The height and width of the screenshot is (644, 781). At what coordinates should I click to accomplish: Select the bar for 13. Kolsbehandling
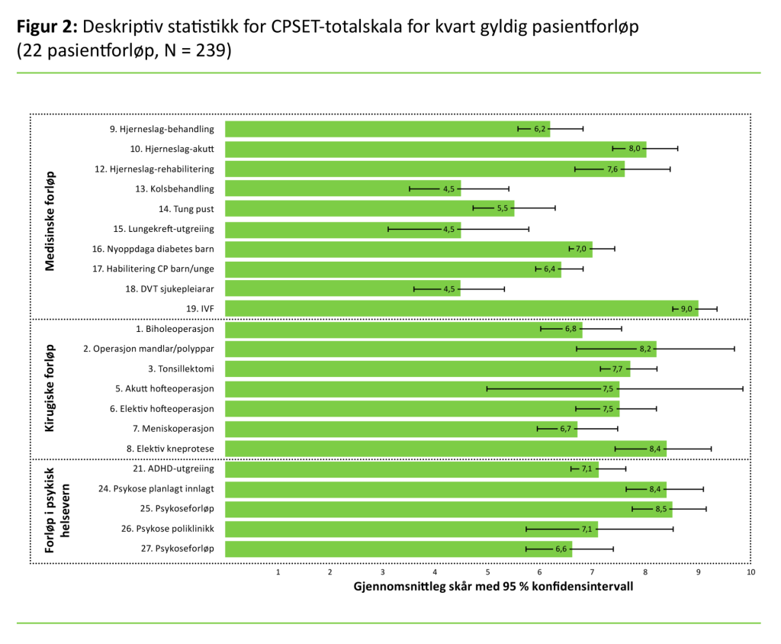(x=343, y=188)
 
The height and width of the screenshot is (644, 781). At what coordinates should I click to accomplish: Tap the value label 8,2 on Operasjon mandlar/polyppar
(x=646, y=349)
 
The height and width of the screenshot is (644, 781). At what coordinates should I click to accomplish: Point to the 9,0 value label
(x=686, y=308)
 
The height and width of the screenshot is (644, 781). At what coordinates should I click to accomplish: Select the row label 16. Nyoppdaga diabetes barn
(x=162, y=249)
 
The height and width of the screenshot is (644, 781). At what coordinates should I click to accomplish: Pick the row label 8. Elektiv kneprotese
(x=171, y=449)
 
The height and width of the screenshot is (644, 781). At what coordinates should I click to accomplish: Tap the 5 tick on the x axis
(x=487, y=572)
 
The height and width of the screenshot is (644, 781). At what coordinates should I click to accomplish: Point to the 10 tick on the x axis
(x=750, y=572)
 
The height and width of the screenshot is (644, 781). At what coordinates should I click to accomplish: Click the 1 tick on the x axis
(x=278, y=572)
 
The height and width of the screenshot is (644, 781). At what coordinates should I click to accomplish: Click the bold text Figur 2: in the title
(x=46, y=26)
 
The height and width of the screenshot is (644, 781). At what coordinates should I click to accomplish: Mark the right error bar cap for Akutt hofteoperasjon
(x=743, y=388)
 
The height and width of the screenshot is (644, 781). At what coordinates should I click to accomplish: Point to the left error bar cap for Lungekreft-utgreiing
(x=388, y=229)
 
